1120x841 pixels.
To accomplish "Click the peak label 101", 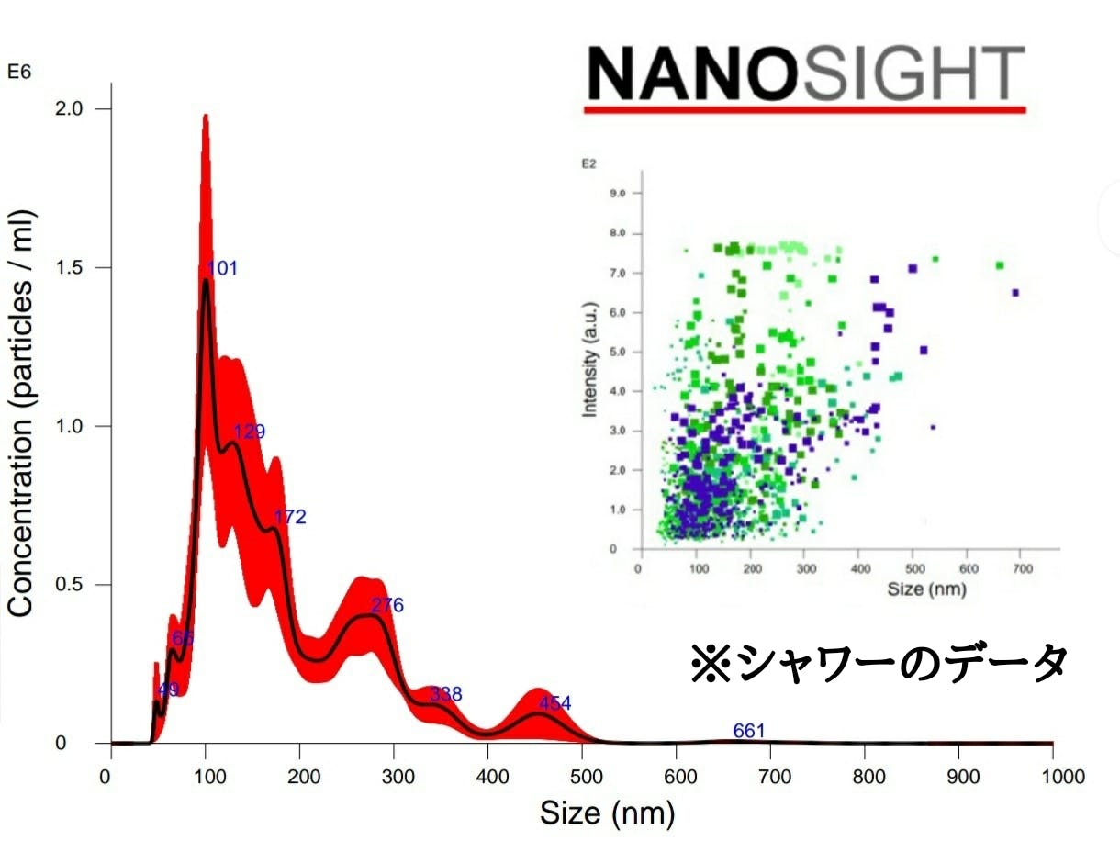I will pos(222,268).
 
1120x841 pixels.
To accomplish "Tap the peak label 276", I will pos(387,605).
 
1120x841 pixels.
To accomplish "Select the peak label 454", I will pos(554,703).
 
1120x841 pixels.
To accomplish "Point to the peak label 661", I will pos(749,731).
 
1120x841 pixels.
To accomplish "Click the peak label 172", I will pos(290,517).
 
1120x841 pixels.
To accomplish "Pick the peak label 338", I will pos(446,694).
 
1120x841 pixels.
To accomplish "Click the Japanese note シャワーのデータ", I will pos(879,662).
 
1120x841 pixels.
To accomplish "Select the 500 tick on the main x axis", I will pos(582,777).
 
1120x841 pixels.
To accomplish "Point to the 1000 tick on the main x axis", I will pos(1052,777).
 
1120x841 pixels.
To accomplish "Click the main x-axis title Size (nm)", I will pos(607,813).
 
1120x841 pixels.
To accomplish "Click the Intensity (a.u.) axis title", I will pos(590,360).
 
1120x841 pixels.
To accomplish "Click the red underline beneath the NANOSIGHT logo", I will pos(805,109).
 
